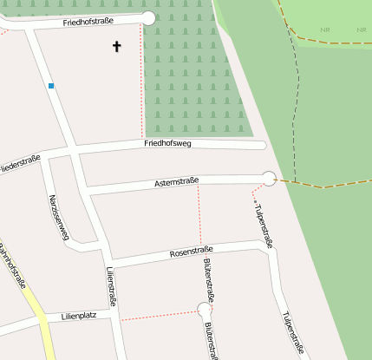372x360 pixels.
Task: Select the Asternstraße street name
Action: click(x=176, y=182)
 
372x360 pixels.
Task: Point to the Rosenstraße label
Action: click(x=192, y=253)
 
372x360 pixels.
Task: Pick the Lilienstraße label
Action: click(x=111, y=287)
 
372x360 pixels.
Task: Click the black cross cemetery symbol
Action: click(x=117, y=46)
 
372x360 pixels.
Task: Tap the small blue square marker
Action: click(x=51, y=85)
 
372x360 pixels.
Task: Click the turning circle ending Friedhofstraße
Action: click(x=148, y=17)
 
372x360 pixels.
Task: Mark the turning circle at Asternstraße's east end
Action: click(x=269, y=179)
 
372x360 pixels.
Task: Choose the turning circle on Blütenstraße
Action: click(x=205, y=308)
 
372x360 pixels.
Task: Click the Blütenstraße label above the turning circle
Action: click(x=207, y=278)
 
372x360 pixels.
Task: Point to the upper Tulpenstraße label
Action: click(x=263, y=226)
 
